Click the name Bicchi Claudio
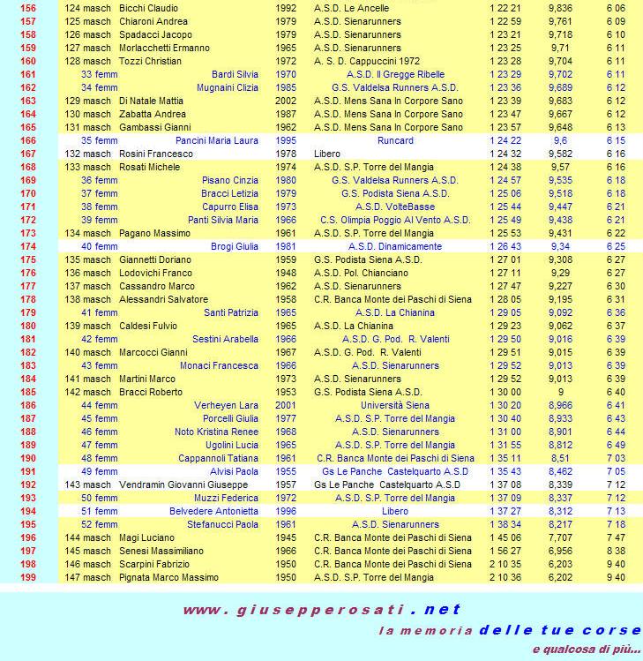tap(150, 8)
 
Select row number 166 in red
tap(27, 140)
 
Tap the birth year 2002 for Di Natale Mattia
tap(286, 101)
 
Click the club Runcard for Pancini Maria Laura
tap(395, 140)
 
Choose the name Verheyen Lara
tap(226, 405)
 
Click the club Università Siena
tap(395, 405)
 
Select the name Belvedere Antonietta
tap(213, 511)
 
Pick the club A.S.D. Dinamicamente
tap(395, 246)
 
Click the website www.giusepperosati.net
tap(322, 610)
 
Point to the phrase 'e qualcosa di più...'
tap(587, 650)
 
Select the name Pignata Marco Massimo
tap(168, 577)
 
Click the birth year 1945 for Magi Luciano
tap(286, 537)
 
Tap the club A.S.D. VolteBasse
tap(395, 207)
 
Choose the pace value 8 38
tap(616, 551)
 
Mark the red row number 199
tap(27, 577)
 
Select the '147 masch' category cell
tap(88, 577)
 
